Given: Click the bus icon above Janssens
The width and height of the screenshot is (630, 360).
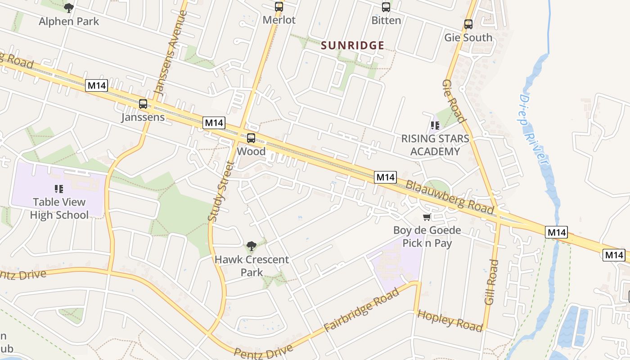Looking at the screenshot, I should [x=143, y=104].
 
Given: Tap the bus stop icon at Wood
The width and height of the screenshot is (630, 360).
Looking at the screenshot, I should [x=251, y=138].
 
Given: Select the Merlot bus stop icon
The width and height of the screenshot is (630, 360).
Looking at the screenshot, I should [x=279, y=7].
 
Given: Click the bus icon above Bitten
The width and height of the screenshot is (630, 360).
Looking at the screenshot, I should [x=386, y=7].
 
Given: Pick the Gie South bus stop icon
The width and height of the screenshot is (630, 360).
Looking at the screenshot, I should [x=468, y=24].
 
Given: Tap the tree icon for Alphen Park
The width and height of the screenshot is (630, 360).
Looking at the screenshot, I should [x=69, y=8].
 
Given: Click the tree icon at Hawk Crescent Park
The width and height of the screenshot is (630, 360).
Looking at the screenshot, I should [x=252, y=246].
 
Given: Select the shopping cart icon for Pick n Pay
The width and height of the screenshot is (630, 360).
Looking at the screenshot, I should [x=427, y=217].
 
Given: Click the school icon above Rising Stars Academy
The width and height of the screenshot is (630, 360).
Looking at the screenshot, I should [x=435, y=126].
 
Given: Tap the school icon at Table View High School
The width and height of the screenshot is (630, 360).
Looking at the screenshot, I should [x=59, y=189].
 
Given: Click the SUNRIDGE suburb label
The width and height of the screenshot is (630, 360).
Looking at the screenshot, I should [x=353, y=45].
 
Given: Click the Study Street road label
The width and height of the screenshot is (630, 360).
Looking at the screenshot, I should [x=221, y=191].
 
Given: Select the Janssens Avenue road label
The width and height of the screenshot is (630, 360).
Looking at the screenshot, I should [x=171, y=52].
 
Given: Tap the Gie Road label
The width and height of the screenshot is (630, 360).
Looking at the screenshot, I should [x=453, y=101].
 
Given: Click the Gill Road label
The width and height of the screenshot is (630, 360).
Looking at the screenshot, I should [x=491, y=282].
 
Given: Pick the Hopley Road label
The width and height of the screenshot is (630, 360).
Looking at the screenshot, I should [x=450, y=320].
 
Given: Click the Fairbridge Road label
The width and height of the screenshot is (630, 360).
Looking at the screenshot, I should [x=361, y=310].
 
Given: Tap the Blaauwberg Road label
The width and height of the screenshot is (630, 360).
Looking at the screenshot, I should [x=450, y=197].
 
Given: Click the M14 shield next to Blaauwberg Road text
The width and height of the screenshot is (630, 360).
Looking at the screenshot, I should [x=385, y=177].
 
